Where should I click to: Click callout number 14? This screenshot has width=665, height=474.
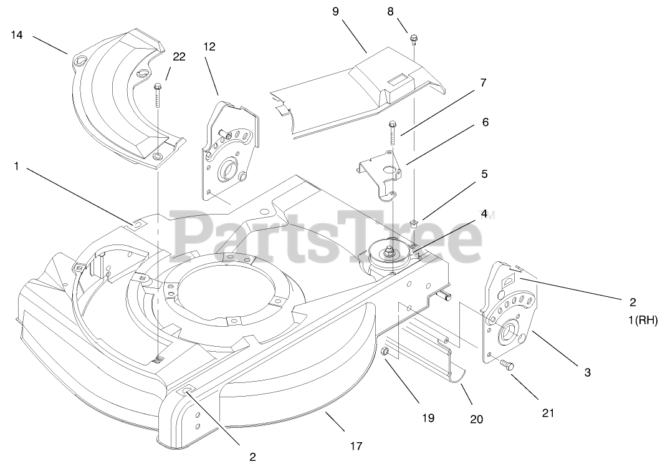[17, 35]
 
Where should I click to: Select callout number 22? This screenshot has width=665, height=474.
[179, 57]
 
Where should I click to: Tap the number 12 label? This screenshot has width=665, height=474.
[209, 46]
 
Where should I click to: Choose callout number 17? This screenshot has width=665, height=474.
[356, 445]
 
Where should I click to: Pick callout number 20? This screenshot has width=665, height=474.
[476, 419]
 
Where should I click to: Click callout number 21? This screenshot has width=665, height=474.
[548, 412]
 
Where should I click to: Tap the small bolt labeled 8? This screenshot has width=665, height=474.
[413, 42]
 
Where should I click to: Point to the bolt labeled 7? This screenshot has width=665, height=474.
[393, 131]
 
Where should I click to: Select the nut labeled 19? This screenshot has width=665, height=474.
[385, 354]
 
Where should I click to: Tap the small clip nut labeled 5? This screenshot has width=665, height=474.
[414, 223]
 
